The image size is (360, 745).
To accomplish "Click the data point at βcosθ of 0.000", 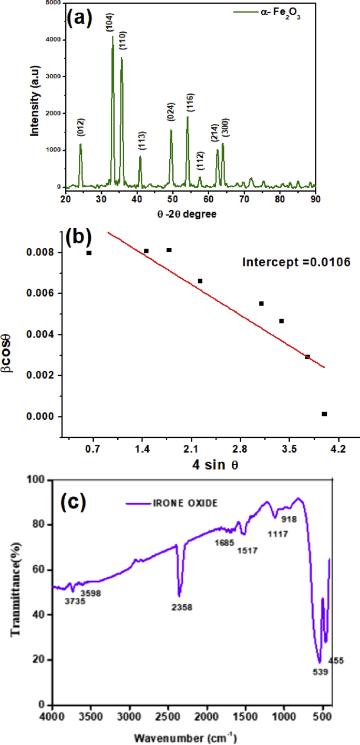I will point(324,414).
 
